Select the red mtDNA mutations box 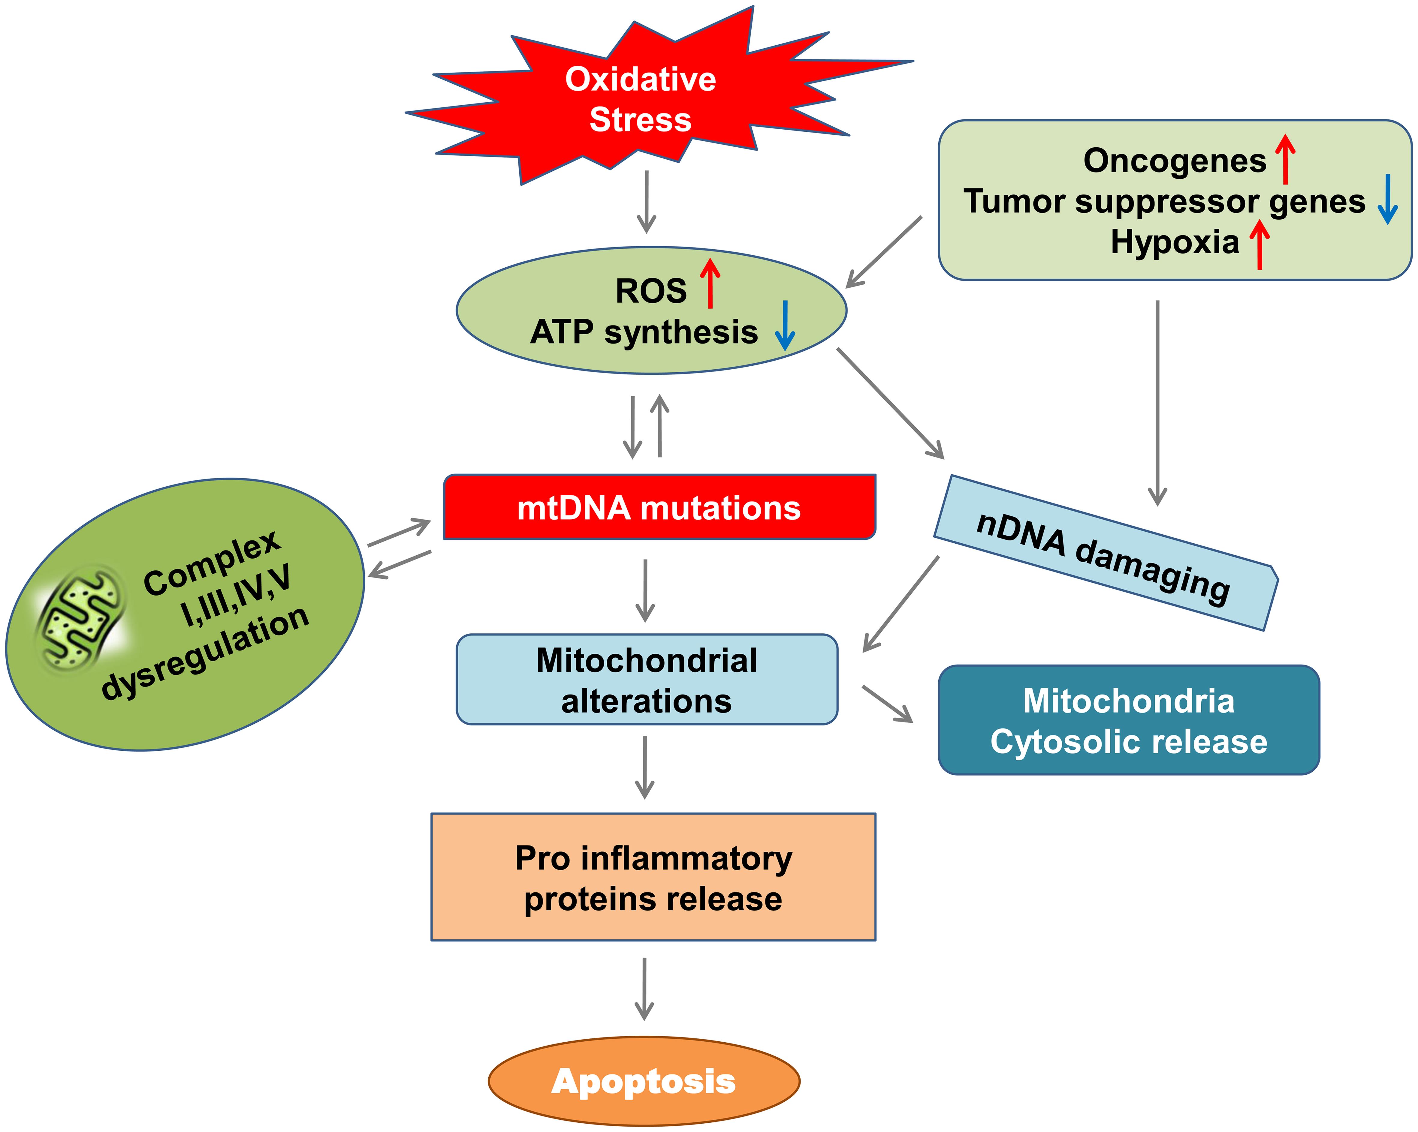pos(659,507)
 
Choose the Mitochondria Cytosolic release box pos(1129,720)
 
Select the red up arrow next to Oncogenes pos(1285,159)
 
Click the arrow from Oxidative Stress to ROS pos(647,202)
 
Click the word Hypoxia pos(1175,242)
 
